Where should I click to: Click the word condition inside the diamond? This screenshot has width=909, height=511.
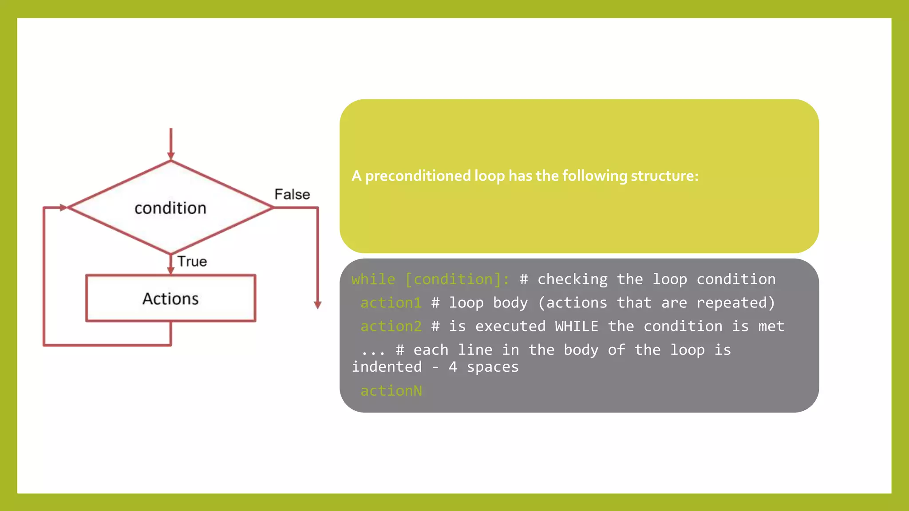click(x=170, y=208)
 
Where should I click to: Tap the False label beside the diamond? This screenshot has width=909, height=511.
click(x=292, y=194)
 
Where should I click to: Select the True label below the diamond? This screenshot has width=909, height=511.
click(x=192, y=261)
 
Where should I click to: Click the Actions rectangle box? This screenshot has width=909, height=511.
click(x=170, y=298)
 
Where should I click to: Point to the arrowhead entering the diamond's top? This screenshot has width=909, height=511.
click(x=171, y=156)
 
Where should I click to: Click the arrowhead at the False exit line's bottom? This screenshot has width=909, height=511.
click(x=318, y=305)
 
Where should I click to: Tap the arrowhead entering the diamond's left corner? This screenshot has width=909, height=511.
click(x=63, y=207)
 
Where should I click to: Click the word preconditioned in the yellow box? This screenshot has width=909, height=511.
click(x=418, y=176)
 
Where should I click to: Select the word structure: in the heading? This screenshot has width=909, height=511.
click(x=664, y=176)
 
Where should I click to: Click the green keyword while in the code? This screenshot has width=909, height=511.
click(x=373, y=279)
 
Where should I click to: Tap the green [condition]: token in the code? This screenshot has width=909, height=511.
click(x=457, y=279)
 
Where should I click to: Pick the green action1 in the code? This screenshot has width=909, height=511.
click(x=391, y=303)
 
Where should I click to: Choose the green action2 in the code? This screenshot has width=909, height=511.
click(x=391, y=326)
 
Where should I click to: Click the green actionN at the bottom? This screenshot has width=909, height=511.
click(x=391, y=391)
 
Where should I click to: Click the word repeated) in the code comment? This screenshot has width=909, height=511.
click(x=735, y=303)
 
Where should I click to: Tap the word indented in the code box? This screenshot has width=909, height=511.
click(x=387, y=367)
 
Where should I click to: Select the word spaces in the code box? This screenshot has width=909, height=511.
click(x=493, y=367)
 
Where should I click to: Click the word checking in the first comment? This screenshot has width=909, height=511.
click(x=573, y=279)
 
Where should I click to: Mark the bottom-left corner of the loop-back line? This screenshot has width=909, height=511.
click(x=44, y=345)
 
